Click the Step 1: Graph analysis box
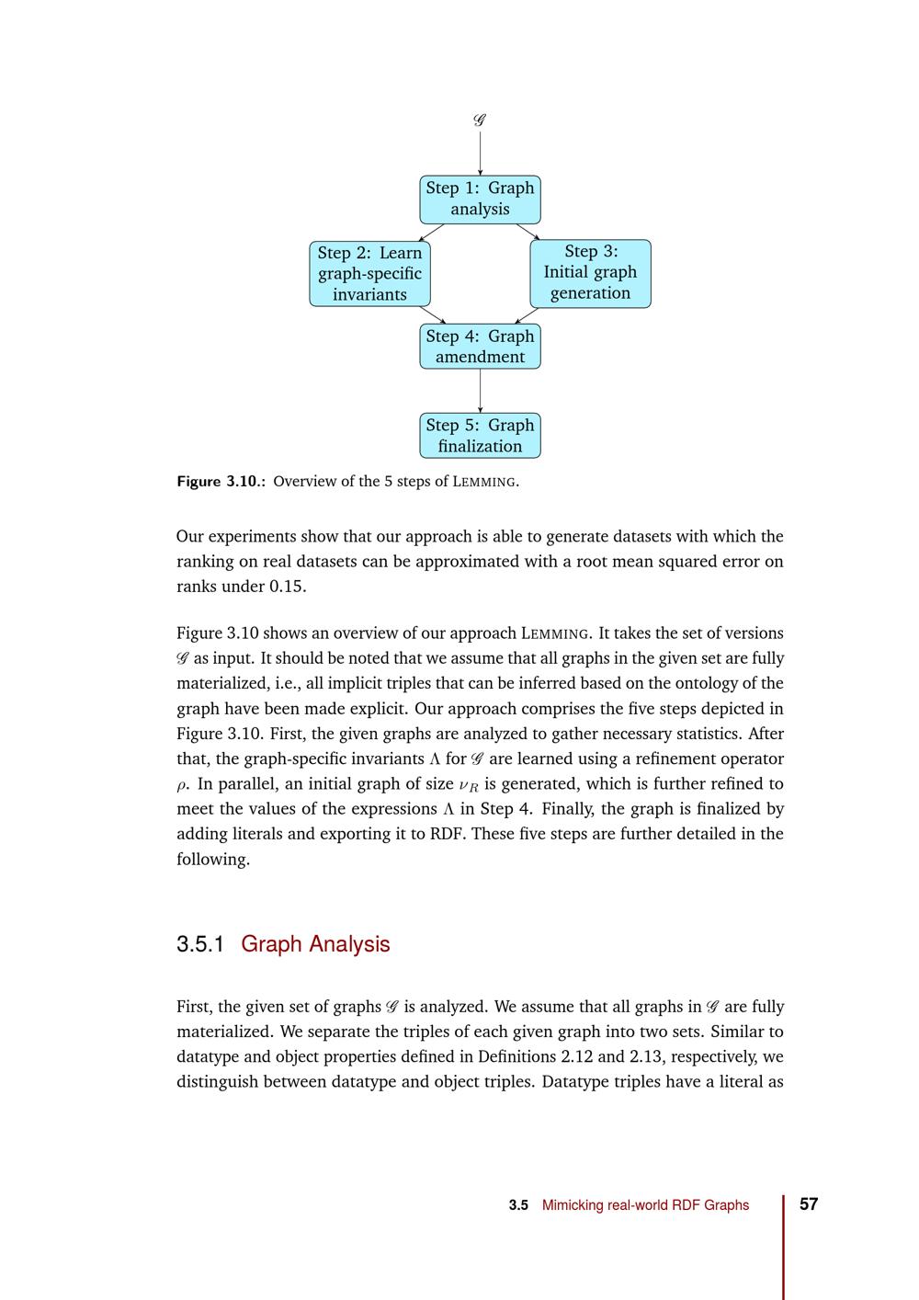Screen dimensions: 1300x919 point(480,199)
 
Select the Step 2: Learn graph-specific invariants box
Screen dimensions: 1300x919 point(369,273)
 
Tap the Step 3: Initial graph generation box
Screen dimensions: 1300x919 point(590,273)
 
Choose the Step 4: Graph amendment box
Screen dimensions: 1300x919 point(480,347)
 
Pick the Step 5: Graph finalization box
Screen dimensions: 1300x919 point(480,436)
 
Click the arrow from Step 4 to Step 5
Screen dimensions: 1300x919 point(480,391)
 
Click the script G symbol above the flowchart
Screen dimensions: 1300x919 point(480,120)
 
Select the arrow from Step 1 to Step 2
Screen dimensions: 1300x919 point(432,232)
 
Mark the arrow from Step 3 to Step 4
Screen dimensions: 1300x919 point(527,315)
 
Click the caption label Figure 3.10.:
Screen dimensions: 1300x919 point(221,482)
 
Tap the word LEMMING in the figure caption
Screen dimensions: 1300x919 point(484,482)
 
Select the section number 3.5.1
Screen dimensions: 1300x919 point(200,944)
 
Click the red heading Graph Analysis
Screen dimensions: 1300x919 point(315,944)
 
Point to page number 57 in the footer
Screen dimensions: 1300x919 point(809,1204)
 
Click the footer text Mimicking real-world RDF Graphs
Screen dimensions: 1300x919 point(645,1205)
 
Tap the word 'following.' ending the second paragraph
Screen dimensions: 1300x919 point(212,860)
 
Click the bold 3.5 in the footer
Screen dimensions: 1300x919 point(518,1205)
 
